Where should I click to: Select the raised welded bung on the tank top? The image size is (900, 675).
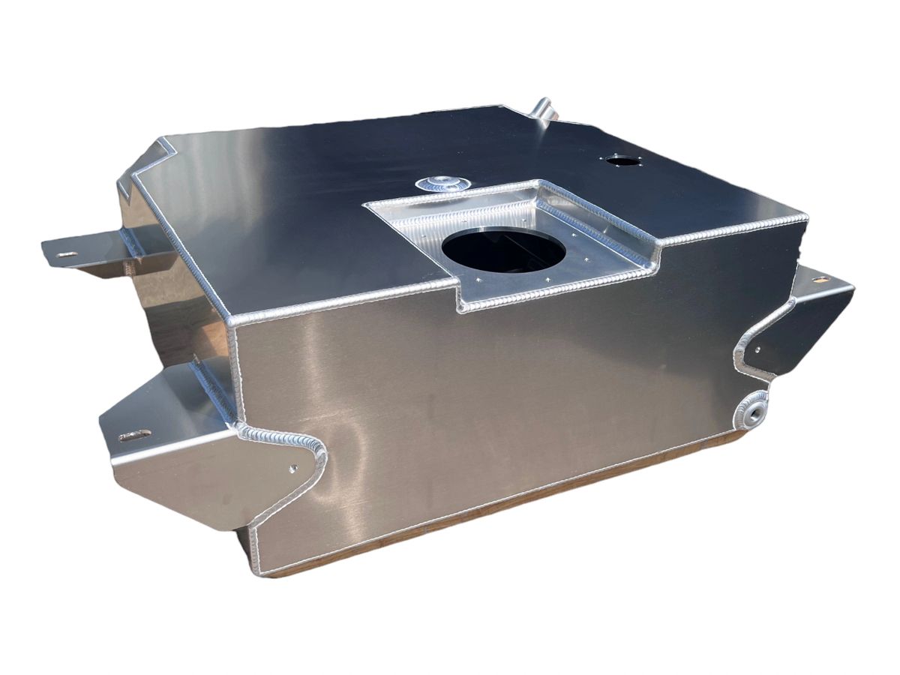tap(442, 182)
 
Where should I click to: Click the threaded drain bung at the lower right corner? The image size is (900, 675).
tap(752, 409)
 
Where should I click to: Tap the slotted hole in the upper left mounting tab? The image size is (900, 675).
tap(66, 255)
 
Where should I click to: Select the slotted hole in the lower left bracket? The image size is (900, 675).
tap(135, 435)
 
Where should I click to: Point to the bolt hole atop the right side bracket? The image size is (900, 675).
tap(821, 279)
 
